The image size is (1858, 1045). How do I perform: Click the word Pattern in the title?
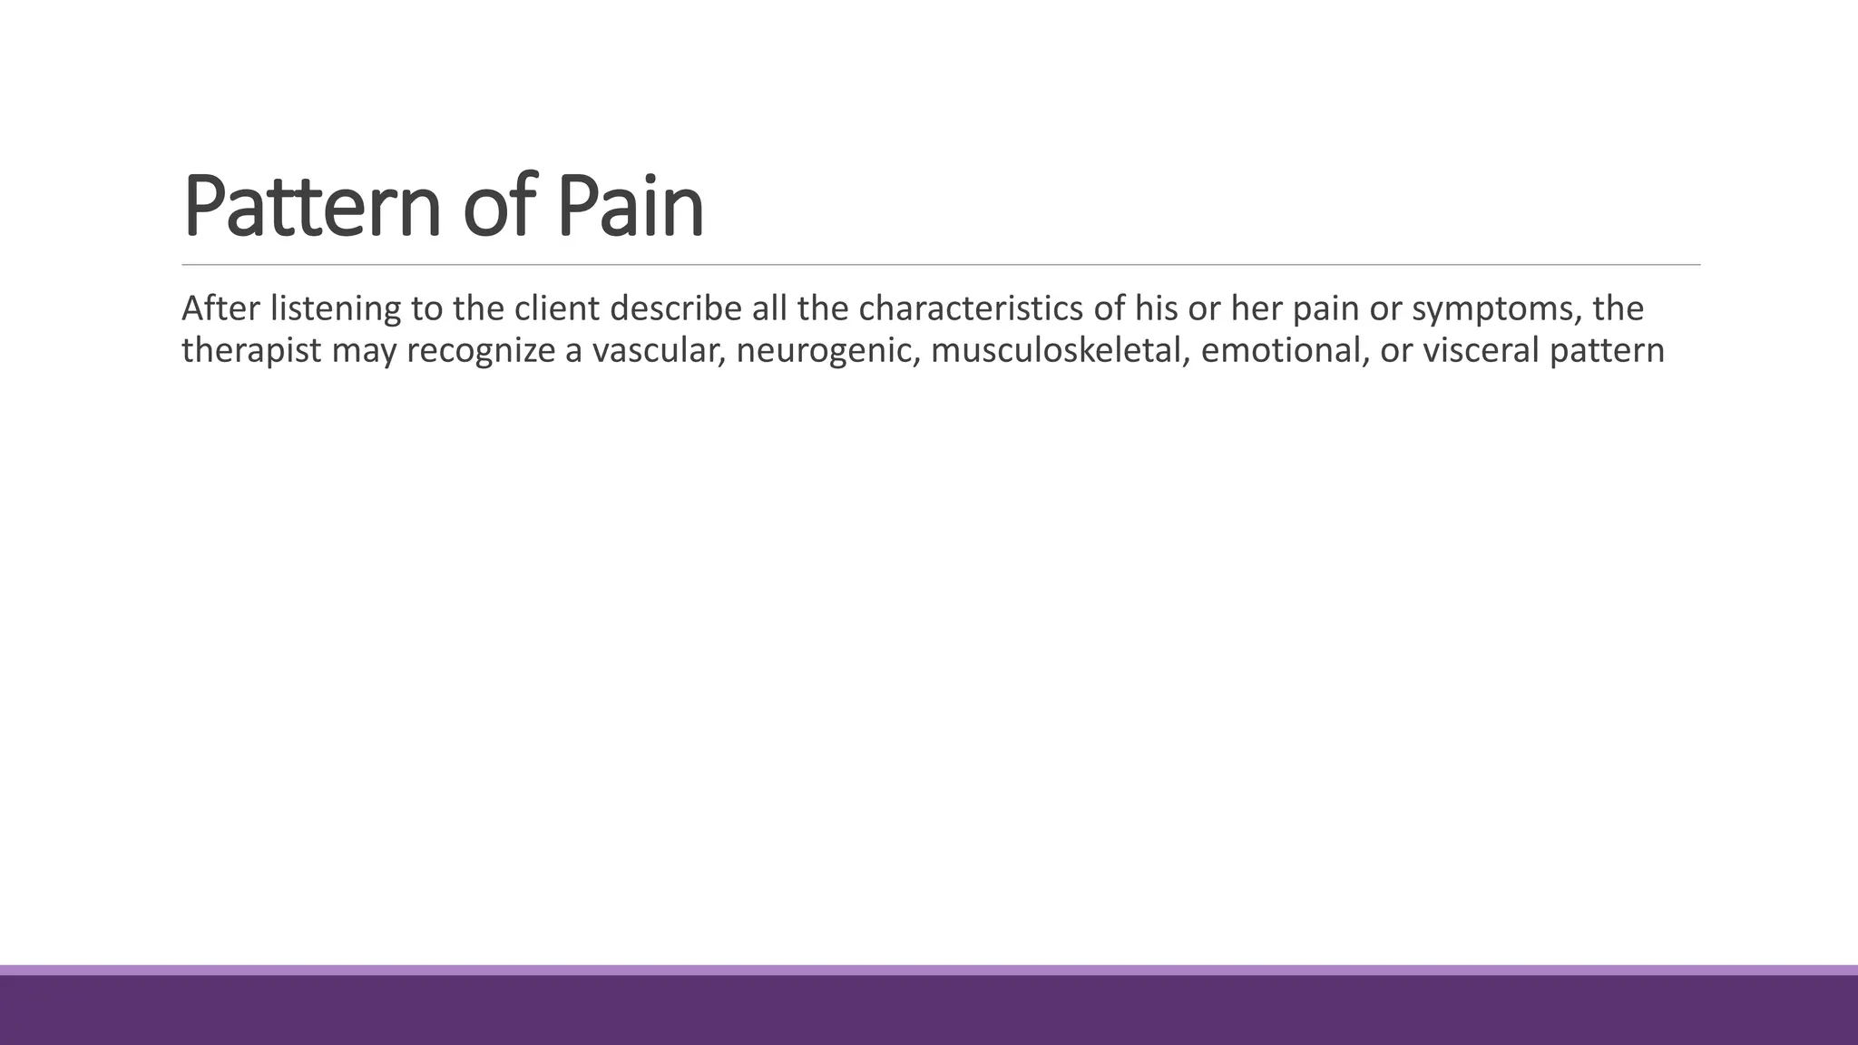pyautogui.click(x=311, y=207)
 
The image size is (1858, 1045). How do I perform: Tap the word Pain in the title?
pyautogui.click(x=630, y=207)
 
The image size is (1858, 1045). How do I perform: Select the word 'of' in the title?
pyautogui.click(x=497, y=207)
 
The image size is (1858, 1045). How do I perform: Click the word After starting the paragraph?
pyautogui.click(x=221, y=308)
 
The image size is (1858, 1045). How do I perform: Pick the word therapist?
pyautogui.click(x=251, y=351)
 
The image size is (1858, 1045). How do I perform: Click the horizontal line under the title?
pyautogui.click(x=940, y=265)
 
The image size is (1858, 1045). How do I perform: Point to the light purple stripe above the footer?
pyautogui.click(x=929, y=970)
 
